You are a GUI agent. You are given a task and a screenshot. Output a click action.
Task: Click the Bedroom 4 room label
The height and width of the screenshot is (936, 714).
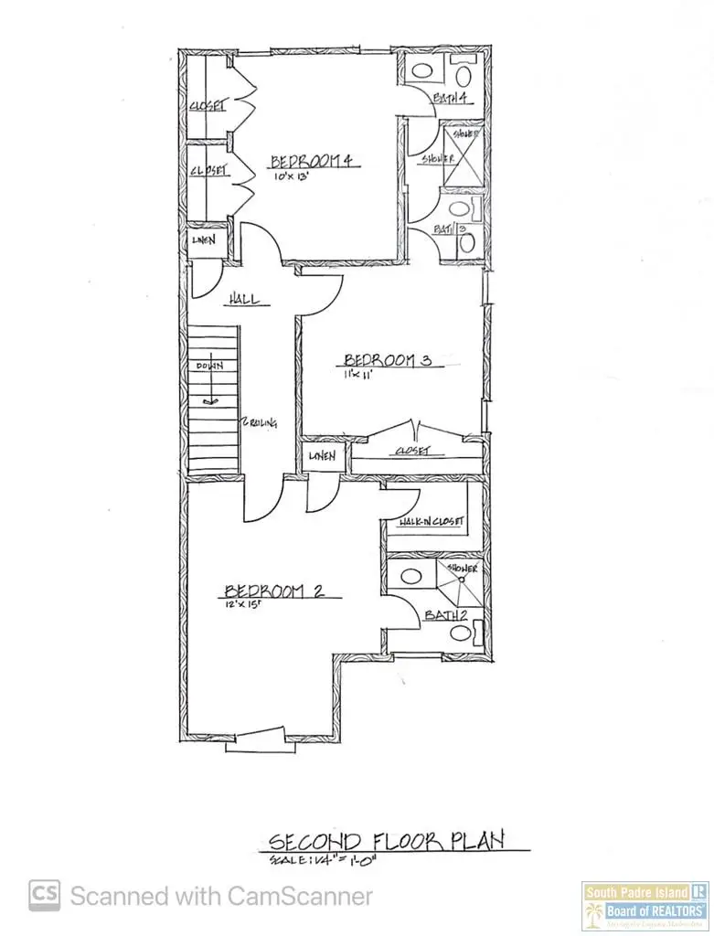(x=312, y=162)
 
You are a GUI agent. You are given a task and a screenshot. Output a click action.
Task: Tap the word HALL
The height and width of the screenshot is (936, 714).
(x=244, y=299)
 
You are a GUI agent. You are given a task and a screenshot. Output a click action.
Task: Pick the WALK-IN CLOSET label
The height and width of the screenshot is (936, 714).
(x=431, y=522)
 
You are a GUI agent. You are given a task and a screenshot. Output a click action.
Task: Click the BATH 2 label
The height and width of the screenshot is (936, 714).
(x=442, y=616)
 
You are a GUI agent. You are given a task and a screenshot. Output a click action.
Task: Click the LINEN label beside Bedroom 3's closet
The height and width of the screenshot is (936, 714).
(x=322, y=456)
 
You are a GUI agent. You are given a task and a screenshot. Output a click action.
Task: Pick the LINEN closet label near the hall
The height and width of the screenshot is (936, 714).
(x=203, y=240)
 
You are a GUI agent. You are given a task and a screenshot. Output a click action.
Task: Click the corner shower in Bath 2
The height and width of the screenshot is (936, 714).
(x=461, y=576)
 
